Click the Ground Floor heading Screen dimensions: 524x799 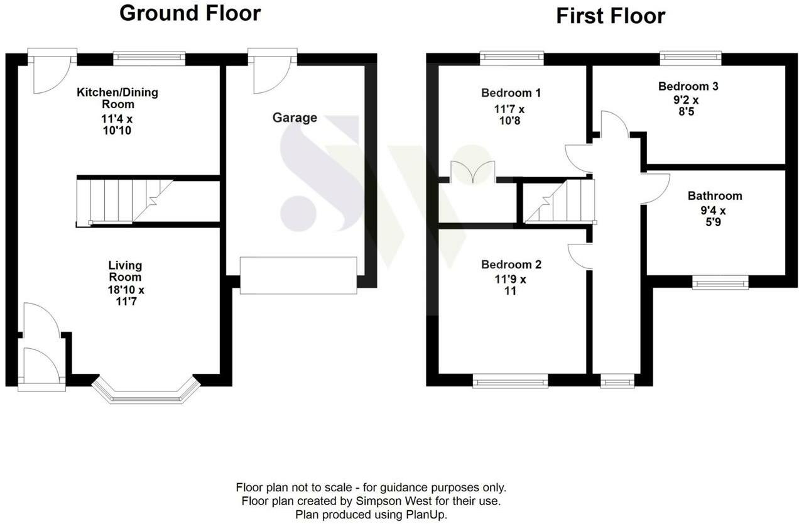190,13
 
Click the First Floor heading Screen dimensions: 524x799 611,16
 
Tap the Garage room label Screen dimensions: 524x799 295,117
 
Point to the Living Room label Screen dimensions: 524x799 125,271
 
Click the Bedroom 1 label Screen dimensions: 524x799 511,93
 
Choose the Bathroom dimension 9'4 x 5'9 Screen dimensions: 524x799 714,216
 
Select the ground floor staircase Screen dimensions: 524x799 122,201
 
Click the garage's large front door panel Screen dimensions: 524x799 298,275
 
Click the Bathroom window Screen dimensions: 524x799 720,283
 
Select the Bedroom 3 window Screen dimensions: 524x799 690,58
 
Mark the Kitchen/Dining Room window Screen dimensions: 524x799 149,58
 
